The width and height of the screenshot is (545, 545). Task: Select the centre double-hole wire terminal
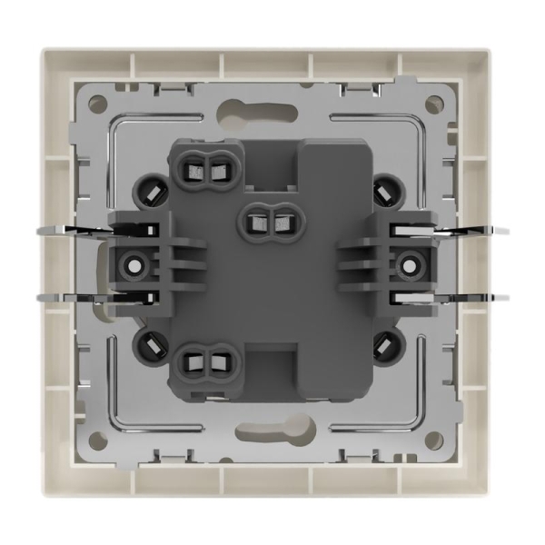[269, 218]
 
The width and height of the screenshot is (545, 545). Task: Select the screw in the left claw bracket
[135, 266]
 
